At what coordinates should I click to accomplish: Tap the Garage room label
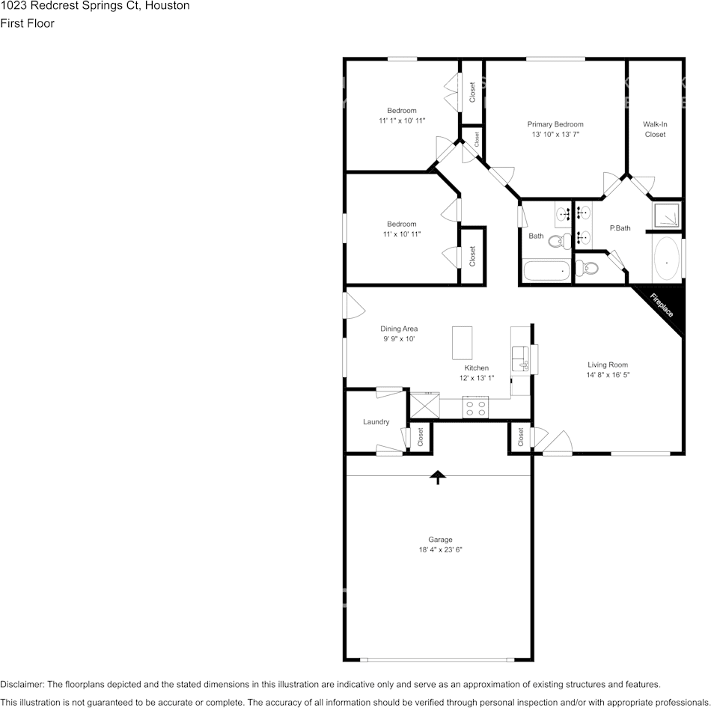[x=440, y=540]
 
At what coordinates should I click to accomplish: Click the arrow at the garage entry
[x=438, y=477]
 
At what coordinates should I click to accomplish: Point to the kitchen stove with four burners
[x=474, y=408]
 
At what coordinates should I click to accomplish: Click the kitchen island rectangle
[x=462, y=344]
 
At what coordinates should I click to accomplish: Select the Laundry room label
[x=376, y=422]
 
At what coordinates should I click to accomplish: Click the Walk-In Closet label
[x=655, y=129]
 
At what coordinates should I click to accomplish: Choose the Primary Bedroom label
[x=555, y=124]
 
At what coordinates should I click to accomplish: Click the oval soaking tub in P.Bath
[x=666, y=260]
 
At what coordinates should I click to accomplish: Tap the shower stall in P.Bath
[x=668, y=215]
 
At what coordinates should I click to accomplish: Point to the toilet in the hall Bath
[x=556, y=242]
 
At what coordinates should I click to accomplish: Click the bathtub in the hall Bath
[x=546, y=270]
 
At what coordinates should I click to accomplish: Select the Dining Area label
[x=399, y=329]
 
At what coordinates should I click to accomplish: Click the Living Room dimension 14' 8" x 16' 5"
[x=608, y=375]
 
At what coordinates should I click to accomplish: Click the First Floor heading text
[x=27, y=23]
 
